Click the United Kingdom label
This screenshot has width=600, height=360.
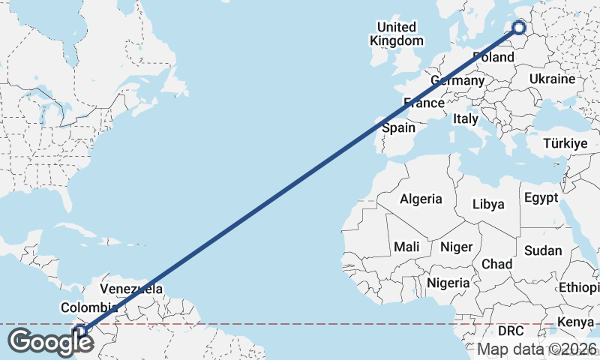tap(397, 34)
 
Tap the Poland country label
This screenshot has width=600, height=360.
tap(493, 57)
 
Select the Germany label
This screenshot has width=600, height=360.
tap(457, 80)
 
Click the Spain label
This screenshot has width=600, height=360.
tap(398, 127)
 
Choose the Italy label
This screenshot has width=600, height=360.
tap(465, 118)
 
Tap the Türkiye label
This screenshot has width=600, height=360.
tap(565, 143)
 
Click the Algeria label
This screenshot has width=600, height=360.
tap(421, 199)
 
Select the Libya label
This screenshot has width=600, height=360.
tap(488, 204)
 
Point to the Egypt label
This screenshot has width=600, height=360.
tap(541, 198)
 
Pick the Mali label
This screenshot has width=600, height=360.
tap(406, 247)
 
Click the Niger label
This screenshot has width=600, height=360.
tap(456, 247)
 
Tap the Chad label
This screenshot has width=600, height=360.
tap(496, 264)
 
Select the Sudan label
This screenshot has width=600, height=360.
tap(542, 250)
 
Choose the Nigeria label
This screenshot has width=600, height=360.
tap(448, 283)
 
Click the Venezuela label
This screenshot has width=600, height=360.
tap(131, 289)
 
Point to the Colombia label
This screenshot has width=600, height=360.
tap(89, 307)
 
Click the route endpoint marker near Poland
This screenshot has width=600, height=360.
tap(519, 28)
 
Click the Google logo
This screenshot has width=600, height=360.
tap(51, 342)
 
